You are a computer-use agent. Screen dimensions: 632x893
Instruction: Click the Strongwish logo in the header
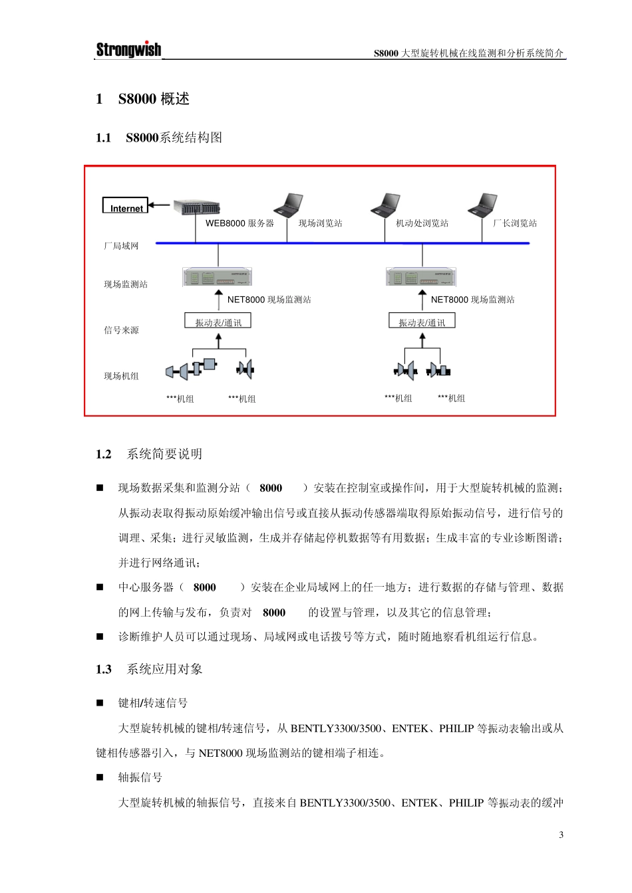pyautogui.click(x=128, y=49)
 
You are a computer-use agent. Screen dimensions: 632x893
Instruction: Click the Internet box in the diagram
pyautogui.click(x=125, y=205)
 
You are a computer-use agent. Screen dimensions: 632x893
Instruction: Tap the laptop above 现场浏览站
pyautogui.click(x=289, y=206)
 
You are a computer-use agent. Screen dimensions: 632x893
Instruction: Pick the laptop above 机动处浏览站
pyautogui.click(x=387, y=206)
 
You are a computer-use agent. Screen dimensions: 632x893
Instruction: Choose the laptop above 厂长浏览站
pyautogui.click(x=484, y=206)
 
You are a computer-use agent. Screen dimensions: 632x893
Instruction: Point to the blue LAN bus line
pyautogui.click(x=343, y=244)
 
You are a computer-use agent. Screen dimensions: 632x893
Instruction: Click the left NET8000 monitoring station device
pyautogui.click(x=218, y=277)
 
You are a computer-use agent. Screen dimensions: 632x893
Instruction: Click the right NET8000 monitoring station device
pyautogui.click(x=421, y=277)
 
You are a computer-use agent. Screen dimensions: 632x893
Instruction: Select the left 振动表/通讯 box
pyautogui.click(x=218, y=322)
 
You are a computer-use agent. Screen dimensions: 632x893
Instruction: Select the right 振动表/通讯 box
pyautogui.click(x=422, y=322)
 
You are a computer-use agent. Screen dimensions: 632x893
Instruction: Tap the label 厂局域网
pyautogui.click(x=121, y=247)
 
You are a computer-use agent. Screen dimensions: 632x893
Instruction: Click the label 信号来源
pyautogui.click(x=121, y=330)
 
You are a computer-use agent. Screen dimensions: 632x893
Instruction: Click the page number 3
pyautogui.click(x=561, y=835)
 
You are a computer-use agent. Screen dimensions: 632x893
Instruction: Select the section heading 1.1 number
pyautogui.click(x=103, y=138)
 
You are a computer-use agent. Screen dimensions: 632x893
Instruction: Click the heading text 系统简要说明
pyautogui.click(x=164, y=454)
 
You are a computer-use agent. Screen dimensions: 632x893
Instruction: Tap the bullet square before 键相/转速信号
pyautogui.click(x=100, y=703)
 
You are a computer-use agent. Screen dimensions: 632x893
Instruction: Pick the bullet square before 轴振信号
pyautogui.click(x=100, y=777)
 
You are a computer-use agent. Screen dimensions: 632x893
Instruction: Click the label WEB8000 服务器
pyautogui.click(x=239, y=223)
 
